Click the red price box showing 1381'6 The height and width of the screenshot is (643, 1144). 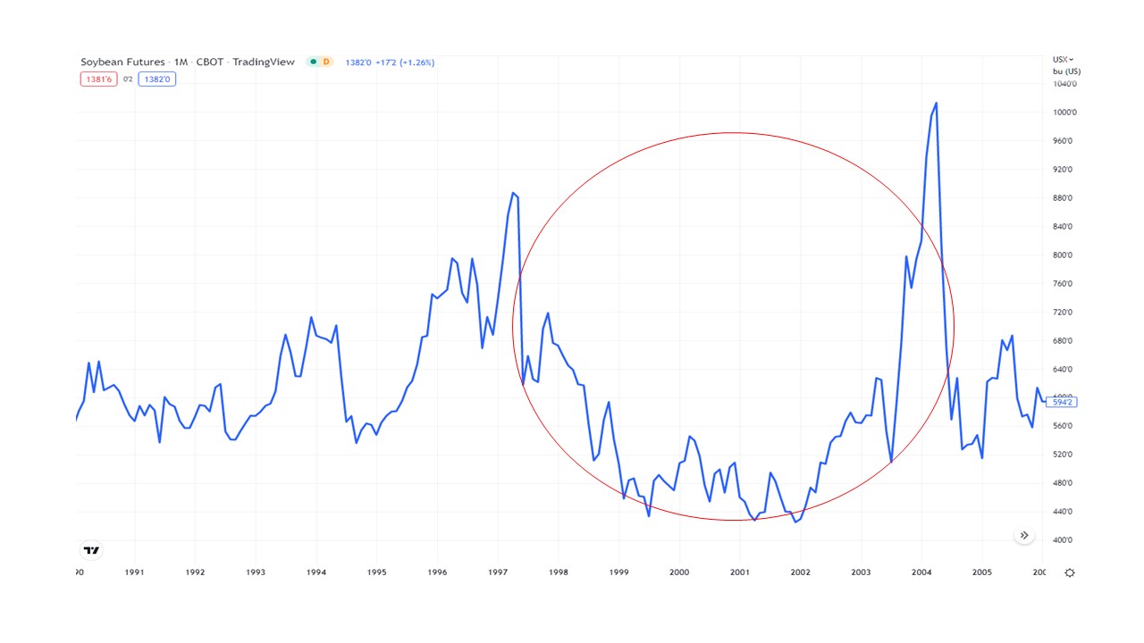coord(97,79)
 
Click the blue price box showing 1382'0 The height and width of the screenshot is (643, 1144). coord(156,79)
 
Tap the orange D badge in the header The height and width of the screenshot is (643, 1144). coord(325,62)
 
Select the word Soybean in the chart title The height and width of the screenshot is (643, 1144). coord(99,62)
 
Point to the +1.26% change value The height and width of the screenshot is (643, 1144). coord(416,63)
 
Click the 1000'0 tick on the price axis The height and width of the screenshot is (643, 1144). coord(1065,113)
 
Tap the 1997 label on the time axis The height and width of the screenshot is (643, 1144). coord(498,572)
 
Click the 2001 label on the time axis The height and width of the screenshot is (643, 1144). coord(740,572)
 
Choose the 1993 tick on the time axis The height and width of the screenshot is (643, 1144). coord(256,572)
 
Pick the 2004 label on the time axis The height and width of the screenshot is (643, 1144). coord(921,572)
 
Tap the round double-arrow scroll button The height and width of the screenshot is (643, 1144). coord(1024,536)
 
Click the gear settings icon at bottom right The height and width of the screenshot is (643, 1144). coord(1070,572)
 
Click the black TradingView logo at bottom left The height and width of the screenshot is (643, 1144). coord(90,550)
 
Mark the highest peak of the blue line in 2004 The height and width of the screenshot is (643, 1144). coord(936,103)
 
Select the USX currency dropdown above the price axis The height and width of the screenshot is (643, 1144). coord(1063,59)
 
